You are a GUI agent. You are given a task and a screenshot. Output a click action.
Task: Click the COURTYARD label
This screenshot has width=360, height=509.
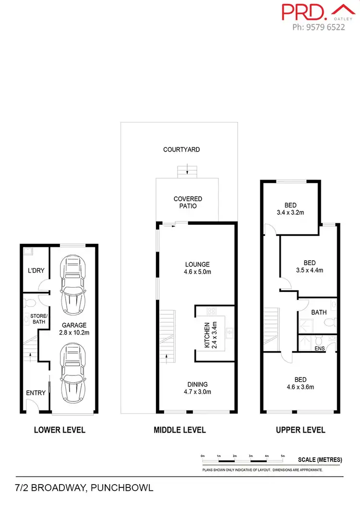pyautogui.click(x=181, y=150)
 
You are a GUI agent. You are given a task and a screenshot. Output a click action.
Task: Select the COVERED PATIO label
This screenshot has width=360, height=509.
pyautogui.click(x=188, y=202)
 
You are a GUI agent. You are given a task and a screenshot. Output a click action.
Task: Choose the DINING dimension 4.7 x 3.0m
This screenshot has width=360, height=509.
pyautogui.click(x=198, y=392)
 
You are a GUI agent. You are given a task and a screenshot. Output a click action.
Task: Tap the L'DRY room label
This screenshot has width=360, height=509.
pyautogui.click(x=36, y=271)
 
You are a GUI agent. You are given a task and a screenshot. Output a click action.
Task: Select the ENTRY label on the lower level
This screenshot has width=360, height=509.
pyautogui.click(x=36, y=393)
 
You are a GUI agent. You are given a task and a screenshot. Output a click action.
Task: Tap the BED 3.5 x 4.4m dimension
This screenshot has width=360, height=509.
pyautogui.click(x=310, y=270)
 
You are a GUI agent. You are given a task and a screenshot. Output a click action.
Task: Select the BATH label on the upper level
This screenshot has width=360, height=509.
pyautogui.click(x=319, y=312)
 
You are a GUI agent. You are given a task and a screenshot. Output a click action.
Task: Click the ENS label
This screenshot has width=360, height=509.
pyautogui.click(x=319, y=348)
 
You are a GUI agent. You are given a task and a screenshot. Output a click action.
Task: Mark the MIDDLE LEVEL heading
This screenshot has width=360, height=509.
pyautogui.click(x=180, y=430)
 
